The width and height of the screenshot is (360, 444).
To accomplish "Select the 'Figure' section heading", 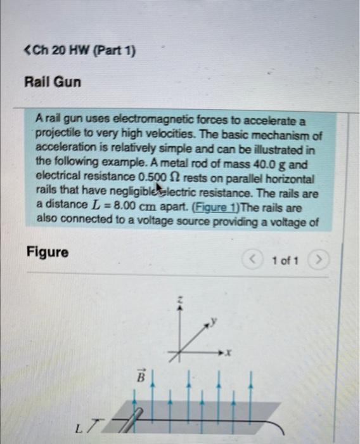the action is [x=48, y=252].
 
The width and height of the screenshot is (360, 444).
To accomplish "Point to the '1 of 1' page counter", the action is [x=285, y=259].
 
